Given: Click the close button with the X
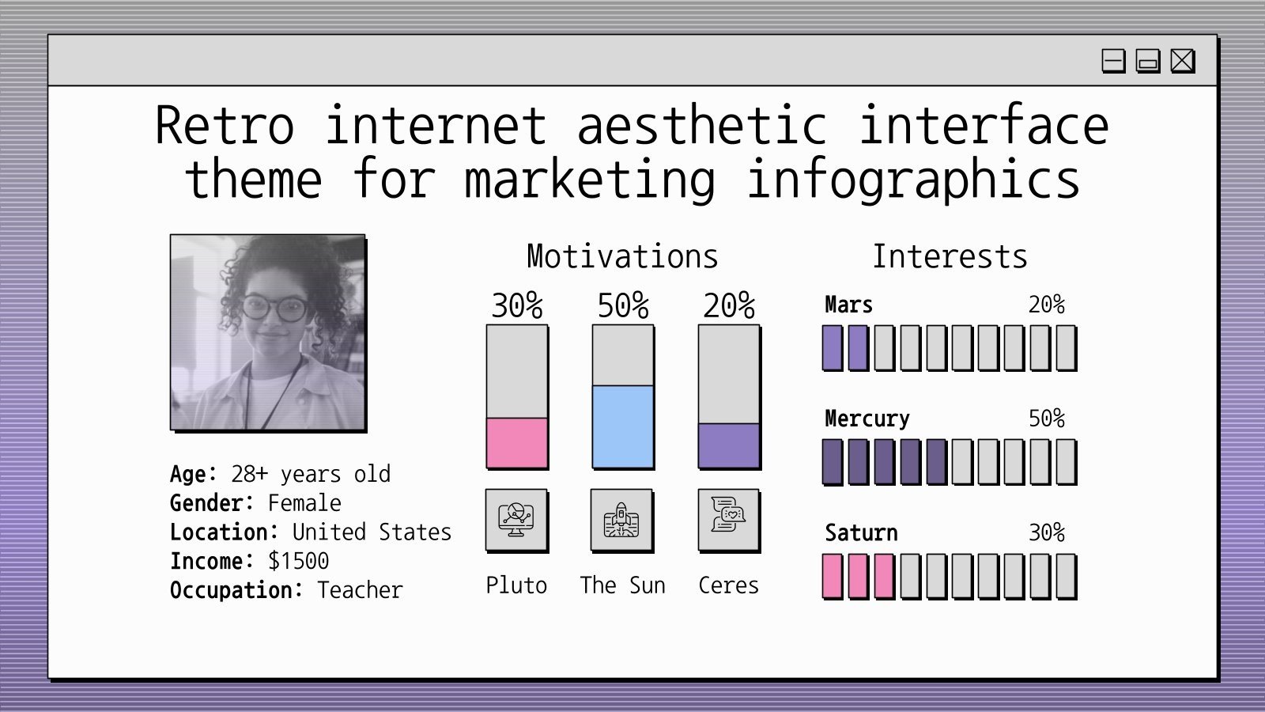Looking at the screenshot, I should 1182,61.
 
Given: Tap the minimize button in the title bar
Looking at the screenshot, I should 1113,61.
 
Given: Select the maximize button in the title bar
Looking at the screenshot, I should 1147,61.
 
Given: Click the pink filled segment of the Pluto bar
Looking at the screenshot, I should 516,443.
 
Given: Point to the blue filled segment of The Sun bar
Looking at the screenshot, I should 623,426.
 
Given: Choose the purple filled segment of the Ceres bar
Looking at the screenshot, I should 729,445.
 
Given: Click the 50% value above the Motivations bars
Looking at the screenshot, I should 623,306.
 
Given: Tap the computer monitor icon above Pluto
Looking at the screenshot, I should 516,520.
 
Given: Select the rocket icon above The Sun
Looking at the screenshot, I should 621,520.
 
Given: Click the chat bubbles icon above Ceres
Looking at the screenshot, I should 728,519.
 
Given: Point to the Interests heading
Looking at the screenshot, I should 950,257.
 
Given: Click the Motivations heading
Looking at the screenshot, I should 622,257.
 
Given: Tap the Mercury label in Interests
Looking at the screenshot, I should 867,418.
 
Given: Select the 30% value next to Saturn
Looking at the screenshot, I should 1046,532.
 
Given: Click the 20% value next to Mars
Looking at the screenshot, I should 1046,305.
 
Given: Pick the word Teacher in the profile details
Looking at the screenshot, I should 360,590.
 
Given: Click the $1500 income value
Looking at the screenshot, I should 298,561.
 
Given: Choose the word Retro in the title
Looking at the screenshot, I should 225,127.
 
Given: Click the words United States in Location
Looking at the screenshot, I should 372,532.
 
